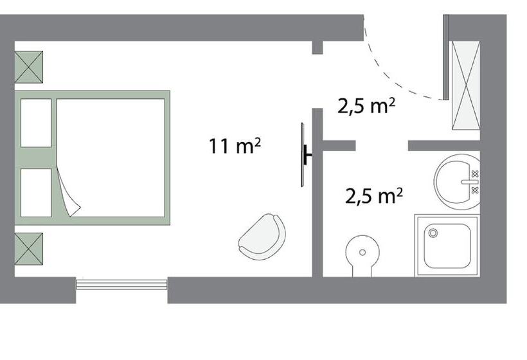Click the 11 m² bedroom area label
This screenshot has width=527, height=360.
(x=235, y=145)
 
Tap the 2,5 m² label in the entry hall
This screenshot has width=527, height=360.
(x=366, y=106)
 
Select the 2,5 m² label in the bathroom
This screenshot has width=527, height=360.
(x=374, y=196)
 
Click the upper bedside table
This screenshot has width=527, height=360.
(x=28, y=67)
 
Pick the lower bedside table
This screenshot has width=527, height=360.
(x=28, y=249)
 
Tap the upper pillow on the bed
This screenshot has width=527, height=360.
(x=36, y=123)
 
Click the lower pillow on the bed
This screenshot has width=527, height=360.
(x=36, y=193)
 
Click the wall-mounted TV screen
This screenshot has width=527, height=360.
(x=303, y=155)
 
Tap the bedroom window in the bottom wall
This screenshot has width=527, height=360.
(x=121, y=284)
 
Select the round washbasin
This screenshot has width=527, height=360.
(x=457, y=182)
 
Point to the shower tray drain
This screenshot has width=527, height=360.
(x=433, y=233)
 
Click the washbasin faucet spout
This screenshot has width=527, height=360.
(x=469, y=182)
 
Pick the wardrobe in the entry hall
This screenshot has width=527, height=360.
(x=466, y=85)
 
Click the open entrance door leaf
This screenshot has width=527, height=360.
(x=446, y=57)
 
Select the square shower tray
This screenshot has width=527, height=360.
(x=447, y=246)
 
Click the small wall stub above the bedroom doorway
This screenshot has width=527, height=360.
(x=317, y=48)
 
